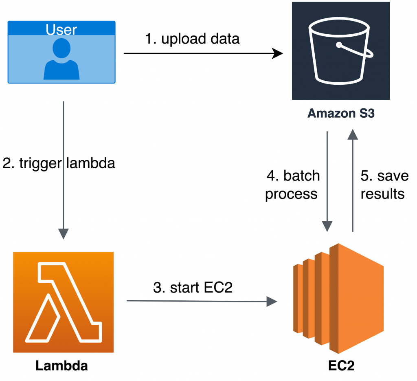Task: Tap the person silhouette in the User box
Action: point(61,60)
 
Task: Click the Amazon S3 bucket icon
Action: point(341,51)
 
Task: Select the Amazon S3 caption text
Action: point(341,113)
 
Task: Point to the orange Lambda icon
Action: point(63,302)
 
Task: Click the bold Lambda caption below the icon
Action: point(61,366)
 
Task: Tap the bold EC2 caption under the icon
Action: point(341,366)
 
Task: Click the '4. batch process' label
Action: point(292,185)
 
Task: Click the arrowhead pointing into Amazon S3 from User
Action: point(278,53)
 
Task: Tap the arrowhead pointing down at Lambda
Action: point(64,233)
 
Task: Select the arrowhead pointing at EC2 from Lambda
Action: point(272,301)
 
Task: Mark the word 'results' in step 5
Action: point(383,194)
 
